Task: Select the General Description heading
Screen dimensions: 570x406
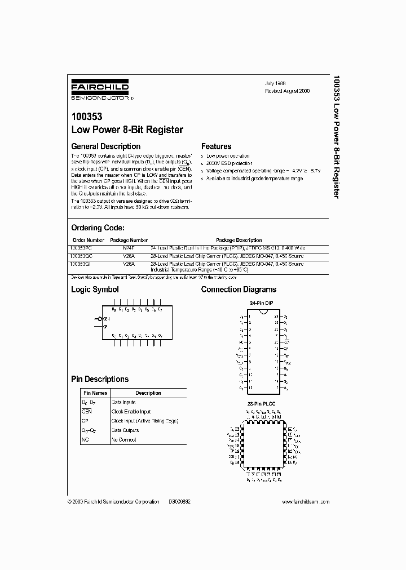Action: tap(105, 146)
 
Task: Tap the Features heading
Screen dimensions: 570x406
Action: tap(217, 146)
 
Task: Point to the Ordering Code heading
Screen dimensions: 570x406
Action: tap(97, 228)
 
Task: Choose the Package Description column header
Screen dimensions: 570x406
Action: tap(239, 240)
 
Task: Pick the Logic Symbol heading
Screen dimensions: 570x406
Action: tap(95, 290)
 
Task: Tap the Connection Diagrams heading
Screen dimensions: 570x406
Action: tap(239, 290)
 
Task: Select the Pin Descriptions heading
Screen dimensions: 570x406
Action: tap(99, 379)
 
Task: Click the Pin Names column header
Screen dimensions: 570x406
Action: tap(95, 393)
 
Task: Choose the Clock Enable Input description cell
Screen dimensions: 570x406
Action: tap(131, 412)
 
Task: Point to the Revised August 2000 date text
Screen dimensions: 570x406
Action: tap(288, 91)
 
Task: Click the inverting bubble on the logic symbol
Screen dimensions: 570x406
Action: tap(99, 319)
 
